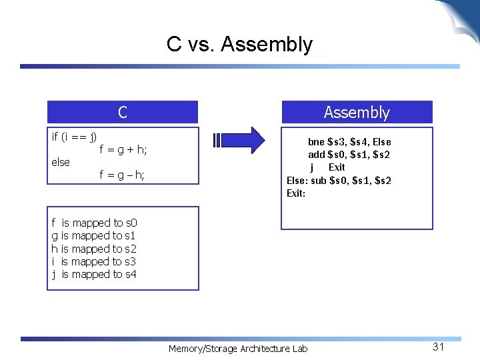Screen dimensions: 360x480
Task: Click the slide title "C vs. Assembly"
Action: click(x=239, y=44)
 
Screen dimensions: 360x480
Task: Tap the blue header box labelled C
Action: click(x=123, y=112)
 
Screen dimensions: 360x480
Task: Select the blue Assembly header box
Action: click(x=357, y=112)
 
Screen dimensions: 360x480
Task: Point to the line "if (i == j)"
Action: click(x=74, y=137)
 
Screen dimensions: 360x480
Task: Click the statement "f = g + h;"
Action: click(x=123, y=150)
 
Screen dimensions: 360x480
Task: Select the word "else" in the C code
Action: click(x=61, y=162)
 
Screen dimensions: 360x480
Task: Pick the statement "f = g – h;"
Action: click(x=122, y=175)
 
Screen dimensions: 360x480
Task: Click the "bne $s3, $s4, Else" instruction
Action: click(x=349, y=142)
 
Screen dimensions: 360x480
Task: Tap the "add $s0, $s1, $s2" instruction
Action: click(x=349, y=155)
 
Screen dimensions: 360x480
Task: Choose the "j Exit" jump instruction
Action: click(x=327, y=167)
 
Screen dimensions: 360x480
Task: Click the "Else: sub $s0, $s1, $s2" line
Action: click(x=339, y=180)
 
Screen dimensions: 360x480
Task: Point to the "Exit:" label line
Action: click(x=296, y=193)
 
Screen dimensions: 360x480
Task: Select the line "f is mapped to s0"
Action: click(x=94, y=223)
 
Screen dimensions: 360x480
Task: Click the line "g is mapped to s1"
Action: click(x=94, y=235)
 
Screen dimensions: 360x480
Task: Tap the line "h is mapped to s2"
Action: click(x=94, y=249)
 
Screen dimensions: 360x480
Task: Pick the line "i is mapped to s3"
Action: click(x=94, y=261)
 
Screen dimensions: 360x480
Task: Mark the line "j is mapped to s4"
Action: click(x=94, y=274)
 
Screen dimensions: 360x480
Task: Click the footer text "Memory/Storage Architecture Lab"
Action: click(x=238, y=349)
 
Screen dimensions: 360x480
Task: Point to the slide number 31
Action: click(x=438, y=347)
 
